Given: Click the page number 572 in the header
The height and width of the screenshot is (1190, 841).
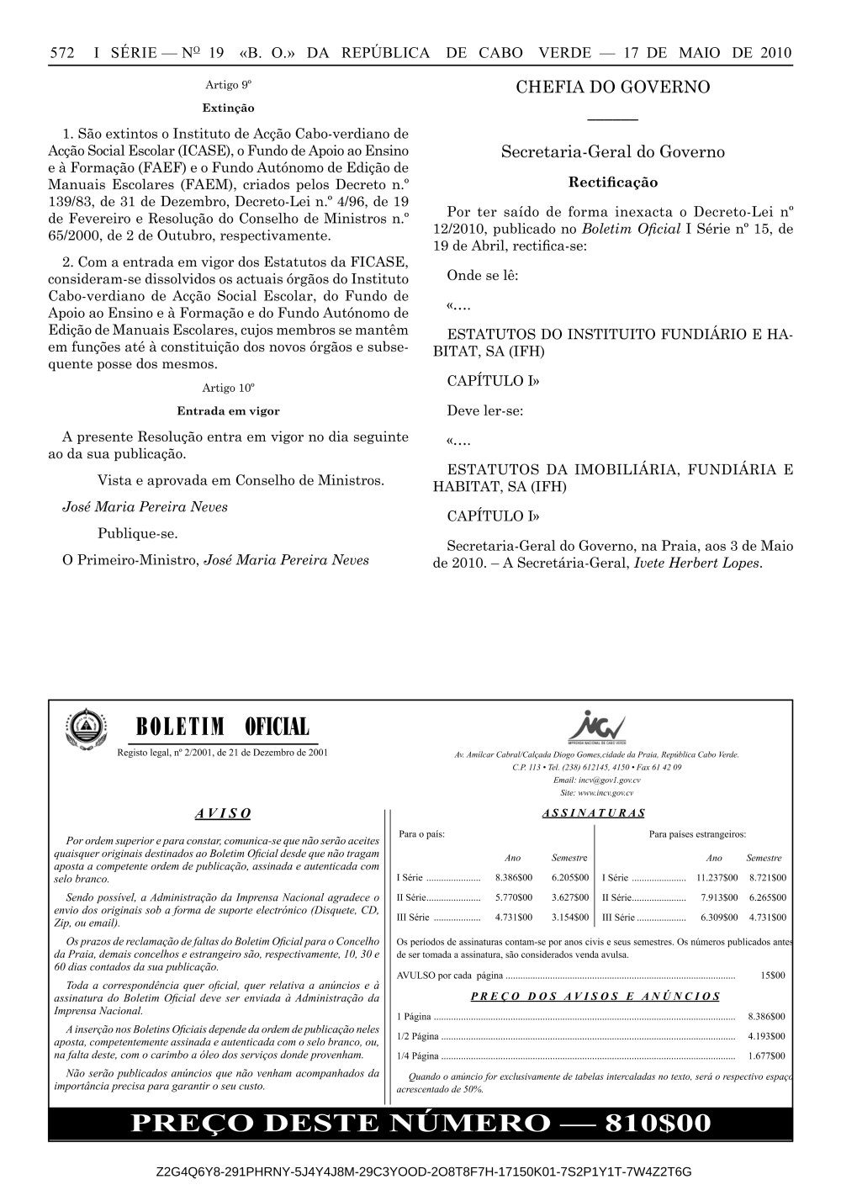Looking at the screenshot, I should (62, 52).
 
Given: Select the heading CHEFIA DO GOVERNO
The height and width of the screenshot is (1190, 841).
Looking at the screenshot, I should (612, 87).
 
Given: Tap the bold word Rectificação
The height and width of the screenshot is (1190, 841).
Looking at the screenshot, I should (613, 182).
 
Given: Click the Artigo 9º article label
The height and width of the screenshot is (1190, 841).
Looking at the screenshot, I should (229, 86).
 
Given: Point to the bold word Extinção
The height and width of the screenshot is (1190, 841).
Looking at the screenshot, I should (229, 108).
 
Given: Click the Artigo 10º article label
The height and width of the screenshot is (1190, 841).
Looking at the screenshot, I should (229, 389).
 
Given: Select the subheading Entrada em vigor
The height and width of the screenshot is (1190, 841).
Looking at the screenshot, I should (229, 411).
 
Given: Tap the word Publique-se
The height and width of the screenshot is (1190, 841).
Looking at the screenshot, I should (137, 534).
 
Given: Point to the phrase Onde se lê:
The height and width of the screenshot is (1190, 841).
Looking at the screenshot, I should (482, 276).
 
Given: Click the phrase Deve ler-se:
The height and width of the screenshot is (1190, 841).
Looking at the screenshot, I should (484, 412).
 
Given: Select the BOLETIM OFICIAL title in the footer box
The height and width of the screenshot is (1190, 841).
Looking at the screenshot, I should (221, 727).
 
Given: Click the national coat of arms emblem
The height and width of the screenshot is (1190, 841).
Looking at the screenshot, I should (83, 729).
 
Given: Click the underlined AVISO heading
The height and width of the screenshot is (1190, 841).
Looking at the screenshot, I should (223, 813).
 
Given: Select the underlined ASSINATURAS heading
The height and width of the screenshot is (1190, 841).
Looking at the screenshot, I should (594, 813).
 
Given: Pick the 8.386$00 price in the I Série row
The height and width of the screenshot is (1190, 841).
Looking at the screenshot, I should (513, 877).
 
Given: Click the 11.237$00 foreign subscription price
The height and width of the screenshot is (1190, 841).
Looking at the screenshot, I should (717, 877).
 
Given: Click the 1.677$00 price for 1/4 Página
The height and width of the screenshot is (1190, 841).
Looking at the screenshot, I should (766, 1056).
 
